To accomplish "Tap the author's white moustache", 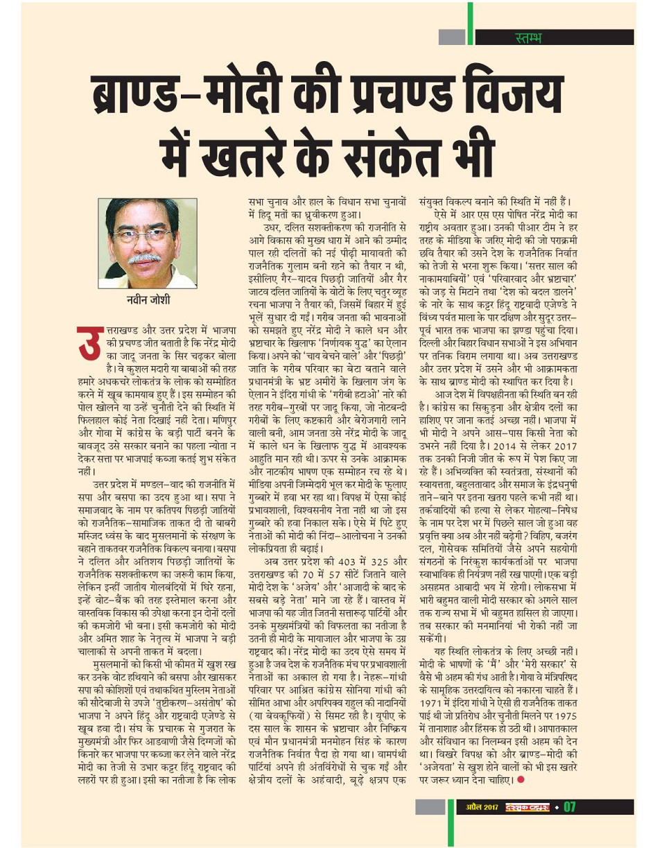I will point(144,259).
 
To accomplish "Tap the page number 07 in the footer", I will point(570,807).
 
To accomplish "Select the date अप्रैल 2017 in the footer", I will point(482,807).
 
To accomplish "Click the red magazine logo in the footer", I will point(525,807).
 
